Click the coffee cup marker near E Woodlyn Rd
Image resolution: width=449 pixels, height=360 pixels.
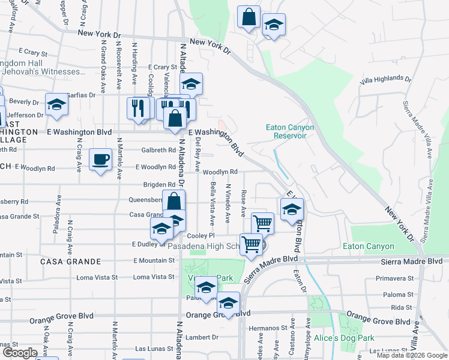[100, 160]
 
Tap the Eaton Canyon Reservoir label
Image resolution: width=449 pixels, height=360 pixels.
[286, 131]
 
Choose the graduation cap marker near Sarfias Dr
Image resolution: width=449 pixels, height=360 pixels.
[57, 104]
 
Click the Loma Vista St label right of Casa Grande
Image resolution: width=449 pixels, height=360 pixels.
[149, 277]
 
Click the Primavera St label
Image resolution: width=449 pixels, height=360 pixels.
[395, 278]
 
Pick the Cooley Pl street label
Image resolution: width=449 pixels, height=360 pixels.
[200, 236]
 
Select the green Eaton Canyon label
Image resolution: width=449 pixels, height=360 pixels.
[369, 246]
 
